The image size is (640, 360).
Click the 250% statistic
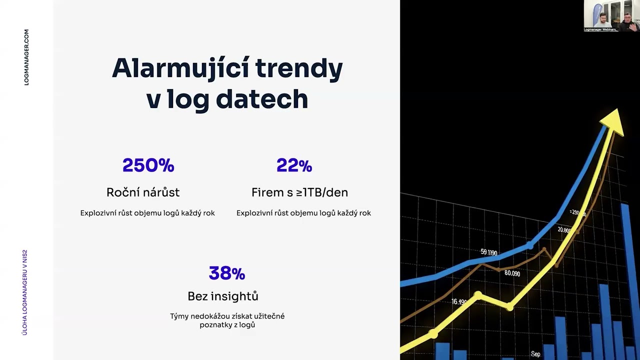[148, 165]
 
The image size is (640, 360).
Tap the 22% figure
[294, 165]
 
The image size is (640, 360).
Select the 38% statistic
[226, 273]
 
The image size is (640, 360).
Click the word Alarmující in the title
[179, 68]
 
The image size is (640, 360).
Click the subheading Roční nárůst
[143, 192]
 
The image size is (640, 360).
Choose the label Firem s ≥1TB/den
[299, 192]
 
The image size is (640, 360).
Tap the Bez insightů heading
[223, 296]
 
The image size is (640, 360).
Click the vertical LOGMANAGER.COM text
[26, 57]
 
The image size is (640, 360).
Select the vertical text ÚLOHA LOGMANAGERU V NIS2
[25, 292]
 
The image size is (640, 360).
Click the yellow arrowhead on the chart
[613, 122]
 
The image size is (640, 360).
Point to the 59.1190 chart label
[488, 252]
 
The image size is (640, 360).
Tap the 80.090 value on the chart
[512, 273]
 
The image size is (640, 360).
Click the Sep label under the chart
[535, 354]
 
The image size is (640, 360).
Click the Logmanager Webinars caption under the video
[600, 30]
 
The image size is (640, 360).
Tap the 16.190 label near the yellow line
[458, 301]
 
